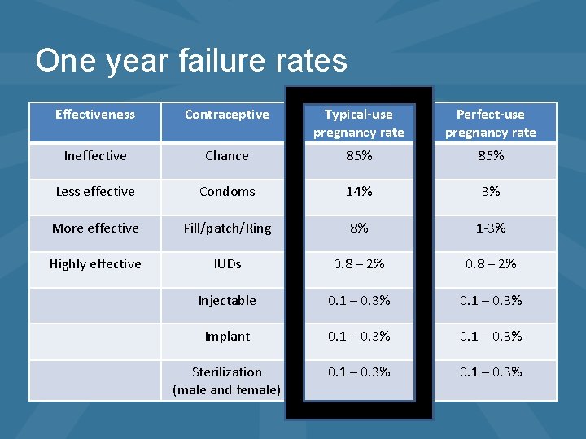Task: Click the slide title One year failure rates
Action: click(x=191, y=61)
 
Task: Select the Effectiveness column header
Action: click(x=95, y=115)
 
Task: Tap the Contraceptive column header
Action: click(x=227, y=115)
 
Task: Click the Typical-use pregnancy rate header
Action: click(x=359, y=123)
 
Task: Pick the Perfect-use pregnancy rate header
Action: click(x=491, y=123)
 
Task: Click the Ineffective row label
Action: click(x=95, y=155)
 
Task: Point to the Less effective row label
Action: click(x=95, y=192)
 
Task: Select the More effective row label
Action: click(x=95, y=228)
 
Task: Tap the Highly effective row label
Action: click(x=95, y=264)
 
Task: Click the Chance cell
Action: click(x=227, y=155)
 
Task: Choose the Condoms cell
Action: click(x=227, y=192)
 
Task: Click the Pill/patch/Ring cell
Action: click(x=227, y=228)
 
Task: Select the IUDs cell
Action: click(x=227, y=264)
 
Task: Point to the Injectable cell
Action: click(x=227, y=301)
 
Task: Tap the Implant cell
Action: click(x=227, y=337)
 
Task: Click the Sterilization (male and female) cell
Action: click(x=227, y=380)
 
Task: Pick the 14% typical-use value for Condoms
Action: click(x=359, y=192)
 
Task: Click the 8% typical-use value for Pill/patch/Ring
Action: click(x=359, y=228)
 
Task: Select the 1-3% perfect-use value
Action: click(x=491, y=228)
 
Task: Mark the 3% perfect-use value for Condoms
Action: click(x=491, y=192)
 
